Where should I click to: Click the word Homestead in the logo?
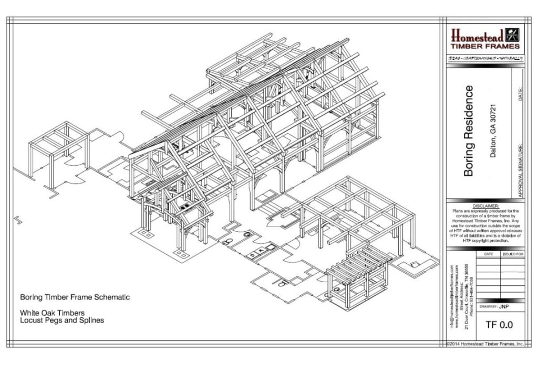[x=477, y=36]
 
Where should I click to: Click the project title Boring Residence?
[x=469, y=131]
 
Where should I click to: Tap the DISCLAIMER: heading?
[x=485, y=206]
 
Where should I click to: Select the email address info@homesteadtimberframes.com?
[x=451, y=297]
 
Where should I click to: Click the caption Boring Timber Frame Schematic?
[x=75, y=297]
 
